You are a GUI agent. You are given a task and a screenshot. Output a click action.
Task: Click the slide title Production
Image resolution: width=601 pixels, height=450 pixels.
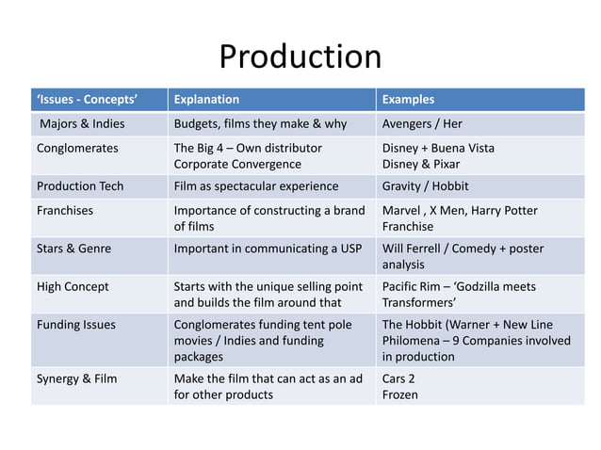[300, 58]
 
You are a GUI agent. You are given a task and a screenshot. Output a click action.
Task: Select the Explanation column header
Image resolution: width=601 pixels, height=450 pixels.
[206, 99]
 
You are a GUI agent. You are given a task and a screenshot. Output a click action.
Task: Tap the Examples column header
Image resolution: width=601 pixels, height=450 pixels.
[408, 99]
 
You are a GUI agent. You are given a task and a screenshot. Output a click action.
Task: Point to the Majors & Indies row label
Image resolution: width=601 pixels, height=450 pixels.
[82, 123]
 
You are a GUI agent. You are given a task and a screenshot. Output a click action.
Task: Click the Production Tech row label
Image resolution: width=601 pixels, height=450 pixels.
[80, 185]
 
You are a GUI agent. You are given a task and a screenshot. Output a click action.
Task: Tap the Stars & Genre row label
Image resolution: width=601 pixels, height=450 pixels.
[73, 249]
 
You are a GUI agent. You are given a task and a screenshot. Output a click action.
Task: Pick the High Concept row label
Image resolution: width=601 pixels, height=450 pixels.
[73, 286]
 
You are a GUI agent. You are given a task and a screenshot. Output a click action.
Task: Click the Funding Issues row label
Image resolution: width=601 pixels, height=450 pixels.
[75, 325]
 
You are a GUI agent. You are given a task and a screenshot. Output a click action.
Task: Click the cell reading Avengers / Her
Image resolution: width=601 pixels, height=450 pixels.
[422, 123]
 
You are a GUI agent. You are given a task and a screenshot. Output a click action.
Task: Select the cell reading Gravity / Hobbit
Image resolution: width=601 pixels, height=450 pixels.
[425, 185]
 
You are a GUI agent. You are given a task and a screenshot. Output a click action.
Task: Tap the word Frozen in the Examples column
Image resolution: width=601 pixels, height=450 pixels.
[400, 394]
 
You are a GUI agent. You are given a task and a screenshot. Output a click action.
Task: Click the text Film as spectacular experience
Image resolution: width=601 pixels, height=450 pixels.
[256, 185]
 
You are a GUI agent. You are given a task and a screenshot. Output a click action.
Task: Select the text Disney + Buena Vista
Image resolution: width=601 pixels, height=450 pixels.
[438, 148]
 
